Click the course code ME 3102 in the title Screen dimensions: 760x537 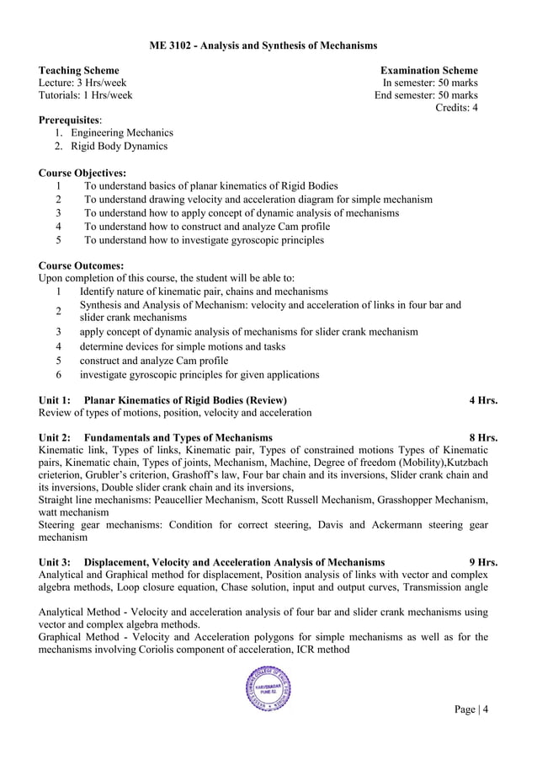pos(170,44)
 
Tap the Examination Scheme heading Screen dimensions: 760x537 pos(428,71)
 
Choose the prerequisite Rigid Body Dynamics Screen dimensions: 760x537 pos(119,146)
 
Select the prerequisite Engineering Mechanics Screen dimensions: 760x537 pos(122,133)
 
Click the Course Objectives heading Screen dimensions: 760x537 pos(82,173)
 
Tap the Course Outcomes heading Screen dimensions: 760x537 pos(81,265)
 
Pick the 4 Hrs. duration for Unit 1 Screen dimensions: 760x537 pos(483,399)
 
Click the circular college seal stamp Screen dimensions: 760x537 pos(268,688)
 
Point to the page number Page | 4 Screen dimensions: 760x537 pos(471,709)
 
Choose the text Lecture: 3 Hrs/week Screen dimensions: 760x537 pos(83,83)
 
